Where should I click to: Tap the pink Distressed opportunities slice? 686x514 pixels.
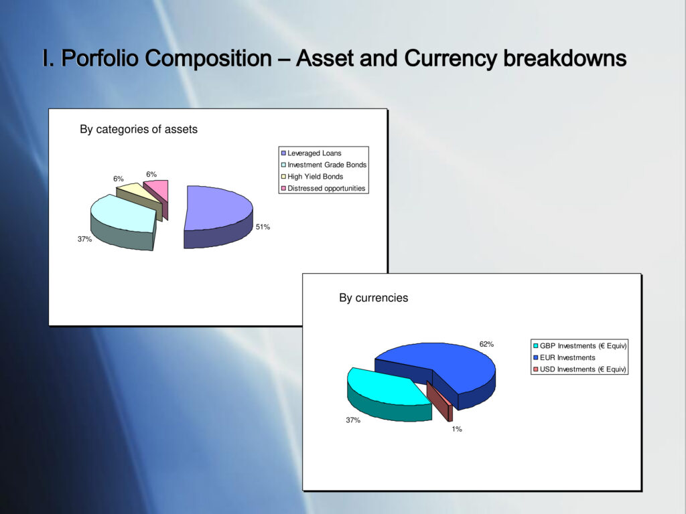pyautogui.click(x=158, y=192)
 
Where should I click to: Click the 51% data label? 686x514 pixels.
pyautogui.click(x=263, y=227)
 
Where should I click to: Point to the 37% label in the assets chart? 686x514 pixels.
pyautogui.click(x=84, y=239)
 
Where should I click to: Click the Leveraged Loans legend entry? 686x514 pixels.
pyautogui.click(x=311, y=153)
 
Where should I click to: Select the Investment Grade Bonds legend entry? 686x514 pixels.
pyautogui.click(x=324, y=165)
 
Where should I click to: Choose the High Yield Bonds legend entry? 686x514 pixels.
pyautogui.click(x=312, y=177)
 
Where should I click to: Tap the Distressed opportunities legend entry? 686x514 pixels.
pyautogui.click(x=324, y=188)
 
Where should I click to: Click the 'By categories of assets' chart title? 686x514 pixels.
pyautogui.click(x=139, y=129)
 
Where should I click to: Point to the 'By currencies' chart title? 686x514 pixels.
pyautogui.click(x=374, y=298)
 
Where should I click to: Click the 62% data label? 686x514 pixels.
pyautogui.click(x=486, y=344)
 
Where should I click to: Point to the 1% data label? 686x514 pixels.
pyautogui.click(x=457, y=429)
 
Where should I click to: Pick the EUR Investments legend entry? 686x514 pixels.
pyautogui.click(x=564, y=357)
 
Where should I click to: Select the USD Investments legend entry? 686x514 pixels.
pyautogui.click(x=579, y=369)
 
